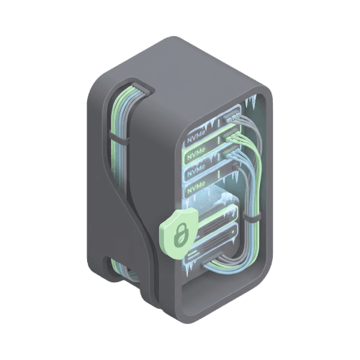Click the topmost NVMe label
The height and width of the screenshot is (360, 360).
tap(196, 138)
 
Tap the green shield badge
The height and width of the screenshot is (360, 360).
tap(179, 233)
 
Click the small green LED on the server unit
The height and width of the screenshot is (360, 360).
tap(233, 233)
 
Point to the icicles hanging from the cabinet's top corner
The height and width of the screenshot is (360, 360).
tap(251, 102)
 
